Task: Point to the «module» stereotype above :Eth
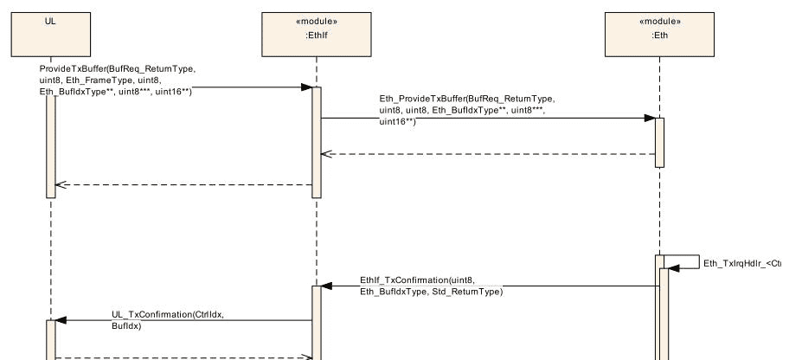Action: (x=659, y=21)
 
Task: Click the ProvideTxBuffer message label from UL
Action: (x=118, y=79)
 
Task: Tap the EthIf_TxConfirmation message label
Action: (x=431, y=286)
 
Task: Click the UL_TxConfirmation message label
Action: (x=167, y=319)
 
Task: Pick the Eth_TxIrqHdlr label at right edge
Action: (x=742, y=263)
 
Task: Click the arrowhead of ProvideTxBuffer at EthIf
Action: (x=306, y=87)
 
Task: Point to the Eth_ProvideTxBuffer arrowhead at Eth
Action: (x=650, y=119)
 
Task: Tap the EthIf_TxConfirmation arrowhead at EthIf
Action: (x=327, y=286)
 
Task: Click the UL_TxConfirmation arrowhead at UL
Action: (x=61, y=320)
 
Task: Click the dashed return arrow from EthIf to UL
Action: (x=182, y=184)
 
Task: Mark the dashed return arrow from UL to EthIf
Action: (x=182, y=356)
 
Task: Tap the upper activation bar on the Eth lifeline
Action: (x=659, y=142)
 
